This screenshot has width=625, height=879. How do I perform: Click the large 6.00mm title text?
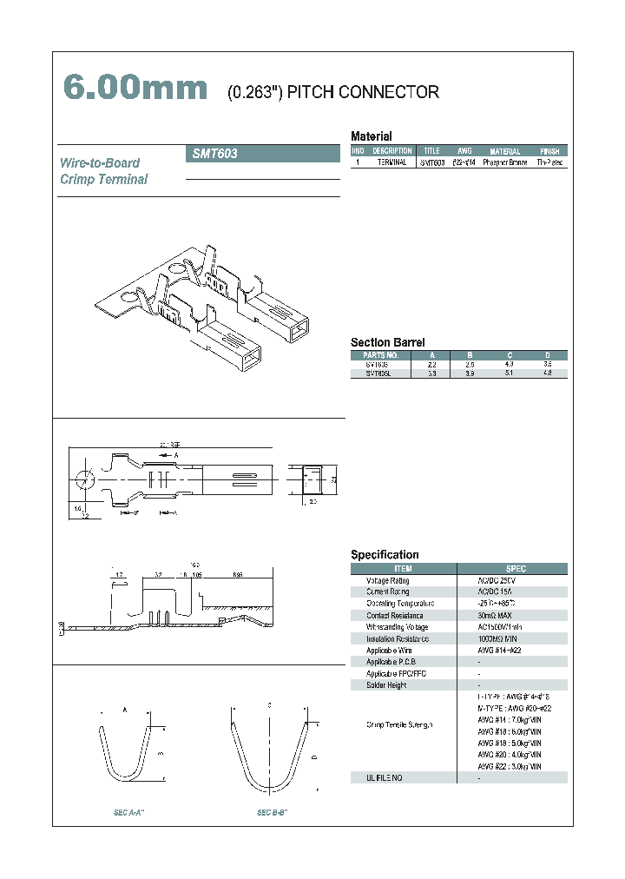tap(135, 89)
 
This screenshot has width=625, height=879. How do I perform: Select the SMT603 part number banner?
tap(263, 154)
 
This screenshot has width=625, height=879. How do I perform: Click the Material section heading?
tap(371, 136)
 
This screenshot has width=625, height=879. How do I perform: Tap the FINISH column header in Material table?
tap(549, 151)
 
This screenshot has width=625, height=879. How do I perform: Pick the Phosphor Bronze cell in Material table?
tap(504, 162)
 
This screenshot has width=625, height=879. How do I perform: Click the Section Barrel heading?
tap(387, 342)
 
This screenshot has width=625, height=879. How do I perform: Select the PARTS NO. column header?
tap(380, 355)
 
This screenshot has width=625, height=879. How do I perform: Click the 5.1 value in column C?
tap(508, 373)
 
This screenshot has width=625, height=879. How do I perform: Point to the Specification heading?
tap(385, 554)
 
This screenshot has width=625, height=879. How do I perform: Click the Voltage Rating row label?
tap(388, 580)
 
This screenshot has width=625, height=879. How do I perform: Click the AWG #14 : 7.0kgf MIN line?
tap(510, 720)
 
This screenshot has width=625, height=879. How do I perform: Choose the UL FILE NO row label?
tap(385, 777)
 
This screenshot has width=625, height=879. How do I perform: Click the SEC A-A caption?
tap(128, 812)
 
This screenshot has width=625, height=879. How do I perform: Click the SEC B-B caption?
tap(272, 812)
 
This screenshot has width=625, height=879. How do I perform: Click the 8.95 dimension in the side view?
tap(237, 575)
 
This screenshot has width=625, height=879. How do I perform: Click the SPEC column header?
tap(516, 569)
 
